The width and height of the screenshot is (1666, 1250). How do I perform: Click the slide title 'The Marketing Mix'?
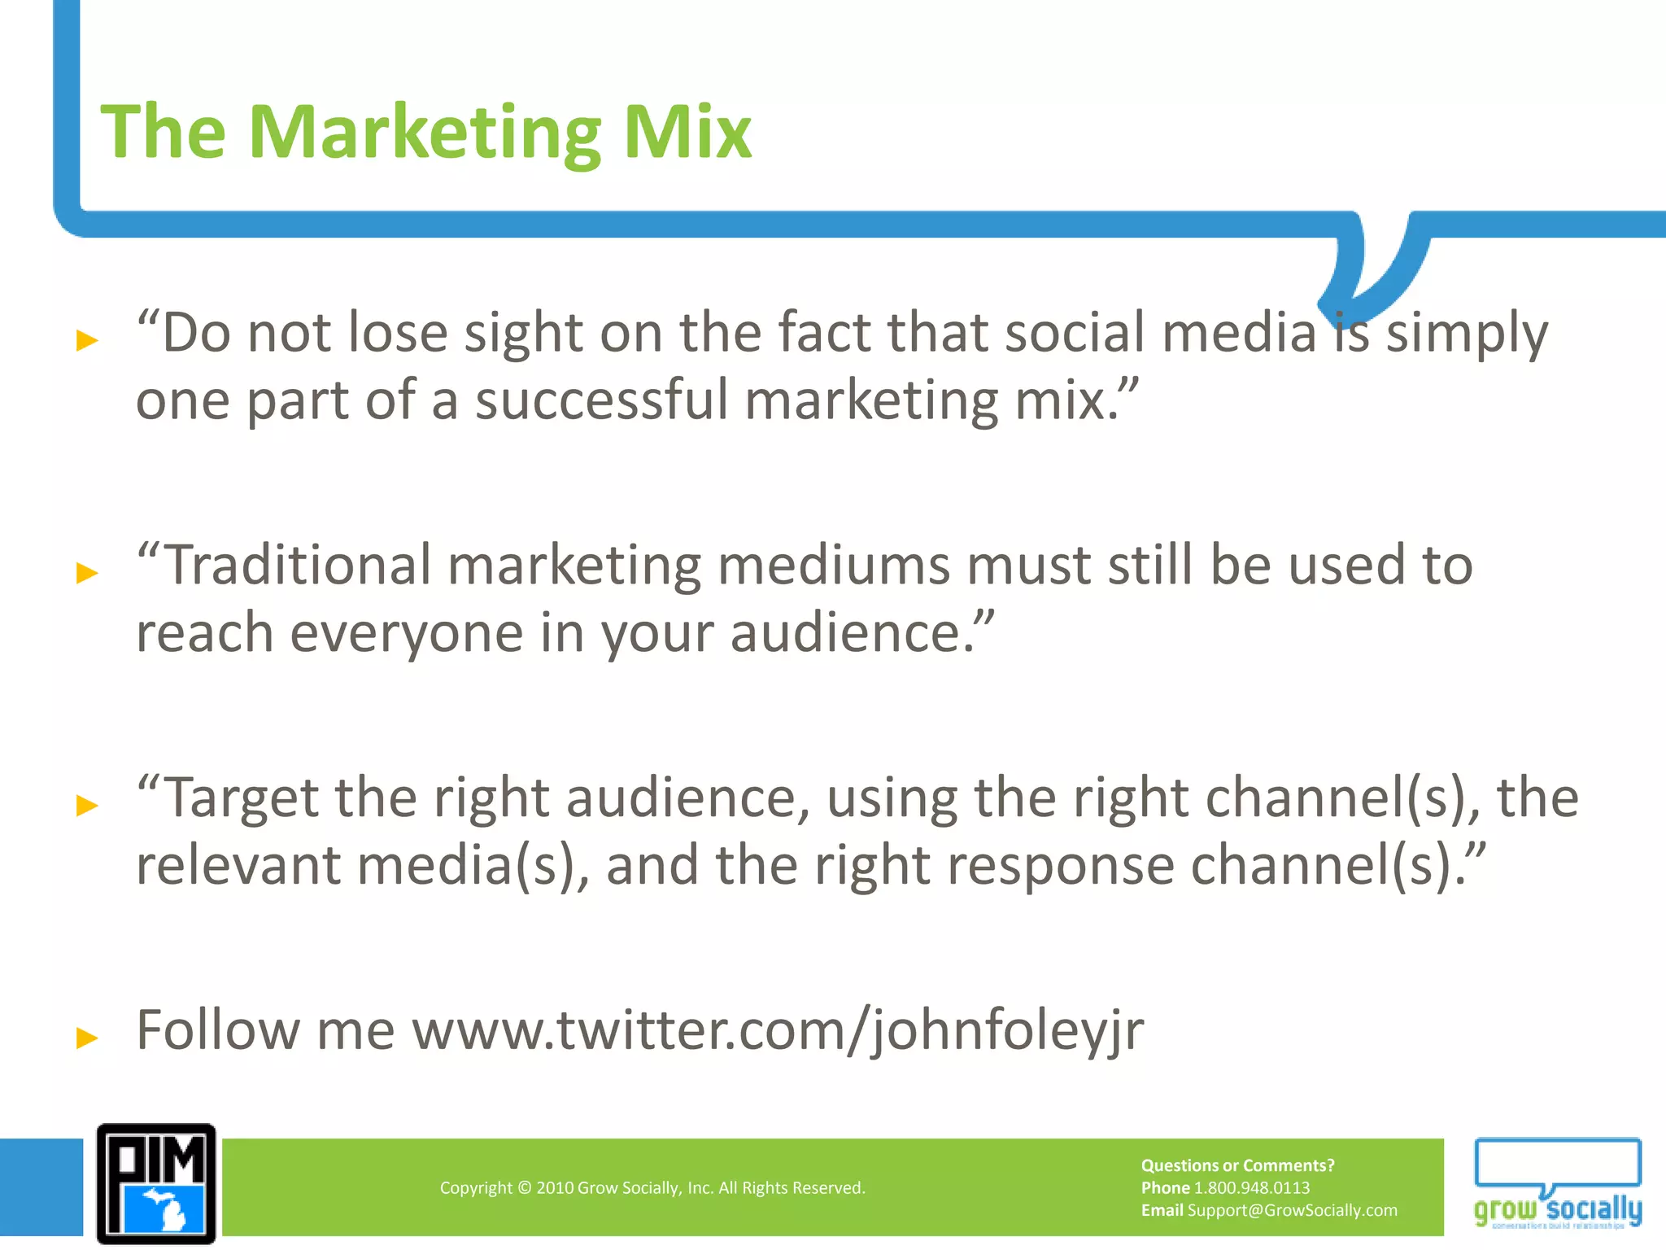click(x=425, y=132)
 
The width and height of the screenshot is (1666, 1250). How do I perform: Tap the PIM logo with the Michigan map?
click(x=156, y=1184)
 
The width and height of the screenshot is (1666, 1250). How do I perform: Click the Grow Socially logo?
click(x=1558, y=1184)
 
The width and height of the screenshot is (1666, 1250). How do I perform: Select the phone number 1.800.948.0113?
click(x=1251, y=1188)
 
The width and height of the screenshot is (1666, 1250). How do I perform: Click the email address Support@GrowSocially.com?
click(x=1292, y=1210)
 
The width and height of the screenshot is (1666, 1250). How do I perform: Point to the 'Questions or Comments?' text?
click(x=1237, y=1165)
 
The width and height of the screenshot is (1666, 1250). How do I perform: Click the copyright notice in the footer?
click(x=652, y=1188)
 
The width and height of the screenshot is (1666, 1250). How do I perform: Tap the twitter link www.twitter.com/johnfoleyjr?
click(x=778, y=1030)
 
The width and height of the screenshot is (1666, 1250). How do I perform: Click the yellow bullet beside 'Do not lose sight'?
click(x=87, y=339)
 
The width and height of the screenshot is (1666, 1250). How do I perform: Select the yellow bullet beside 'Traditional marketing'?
click(x=87, y=573)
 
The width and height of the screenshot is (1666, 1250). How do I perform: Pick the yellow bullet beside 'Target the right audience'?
click(x=87, y=806)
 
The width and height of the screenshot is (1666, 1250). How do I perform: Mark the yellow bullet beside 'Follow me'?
click(x=87, y=1038)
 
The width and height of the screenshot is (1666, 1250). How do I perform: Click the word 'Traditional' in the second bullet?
click(x=298, y=565)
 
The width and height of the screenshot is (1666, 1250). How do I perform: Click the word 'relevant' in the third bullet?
click(x=238, y=865)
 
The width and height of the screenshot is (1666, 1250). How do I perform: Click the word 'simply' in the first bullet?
click(x=1467, y=334)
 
